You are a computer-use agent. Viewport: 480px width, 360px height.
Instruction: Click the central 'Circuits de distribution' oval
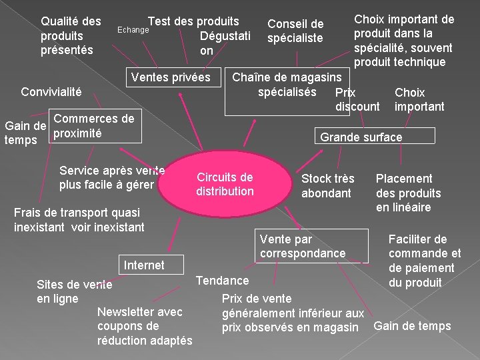(x=225, y=185)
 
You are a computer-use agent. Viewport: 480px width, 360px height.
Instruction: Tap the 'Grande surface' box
(x=361, y=137)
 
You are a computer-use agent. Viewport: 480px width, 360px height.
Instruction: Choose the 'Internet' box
(x=144, y=265)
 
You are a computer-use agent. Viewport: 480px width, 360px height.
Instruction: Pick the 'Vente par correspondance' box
(x=303, y=246)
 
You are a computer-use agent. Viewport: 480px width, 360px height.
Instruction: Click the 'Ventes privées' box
(x=171, y=77)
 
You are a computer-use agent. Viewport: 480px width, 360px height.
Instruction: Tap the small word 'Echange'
(x=133, y=30)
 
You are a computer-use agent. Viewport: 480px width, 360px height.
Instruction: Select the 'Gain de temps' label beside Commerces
(x=25, y=133)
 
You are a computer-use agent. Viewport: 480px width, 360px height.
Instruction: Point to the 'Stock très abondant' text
(x=327, y=186)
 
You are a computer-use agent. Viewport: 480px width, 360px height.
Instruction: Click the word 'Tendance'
(x=223, y=280)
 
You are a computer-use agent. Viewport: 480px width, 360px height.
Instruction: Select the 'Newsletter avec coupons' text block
(x=144, y=326)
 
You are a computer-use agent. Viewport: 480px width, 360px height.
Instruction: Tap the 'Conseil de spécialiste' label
(x=295, y=31)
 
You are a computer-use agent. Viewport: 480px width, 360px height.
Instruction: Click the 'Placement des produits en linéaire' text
(x=408, y=193)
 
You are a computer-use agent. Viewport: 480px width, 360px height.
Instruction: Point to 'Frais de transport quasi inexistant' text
(x=79, y=220)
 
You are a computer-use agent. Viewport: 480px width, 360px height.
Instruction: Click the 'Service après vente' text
(x=111, y=177)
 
